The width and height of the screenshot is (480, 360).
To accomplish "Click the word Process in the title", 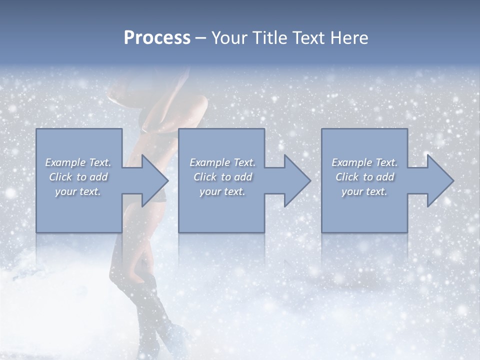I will point(157,38).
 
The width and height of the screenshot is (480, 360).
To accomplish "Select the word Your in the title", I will point(228,38).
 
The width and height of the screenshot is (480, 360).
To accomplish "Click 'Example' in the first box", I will point(65,162).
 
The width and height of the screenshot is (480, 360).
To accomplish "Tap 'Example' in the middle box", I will point(209,162).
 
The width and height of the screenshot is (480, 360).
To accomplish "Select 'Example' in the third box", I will point(351,162).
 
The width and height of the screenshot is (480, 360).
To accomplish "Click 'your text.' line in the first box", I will point(78,191).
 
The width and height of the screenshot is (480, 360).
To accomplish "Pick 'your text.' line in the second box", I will point(222,191).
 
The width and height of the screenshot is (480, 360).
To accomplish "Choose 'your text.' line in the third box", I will point(364,191).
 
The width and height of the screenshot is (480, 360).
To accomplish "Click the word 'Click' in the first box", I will point(60,177).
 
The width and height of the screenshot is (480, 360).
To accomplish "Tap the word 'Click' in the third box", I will point(347,177).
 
